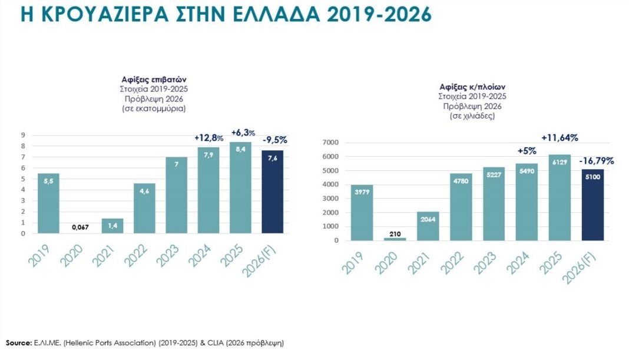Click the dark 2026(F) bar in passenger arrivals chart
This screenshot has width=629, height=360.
273,191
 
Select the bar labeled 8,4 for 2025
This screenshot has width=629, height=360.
240,188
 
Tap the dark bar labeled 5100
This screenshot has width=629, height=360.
592,204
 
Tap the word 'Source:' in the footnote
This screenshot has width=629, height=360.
18,342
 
